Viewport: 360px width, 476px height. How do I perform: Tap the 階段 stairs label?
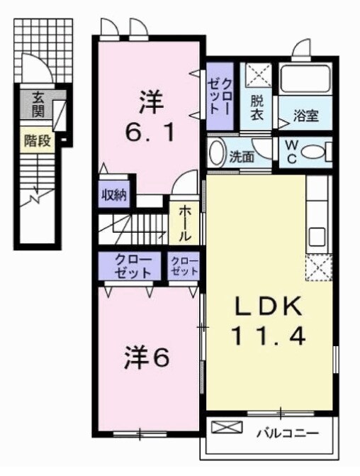[38, 140]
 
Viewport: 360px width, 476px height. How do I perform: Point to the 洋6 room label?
[147, 358]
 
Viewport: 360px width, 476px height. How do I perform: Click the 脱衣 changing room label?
[257, 110]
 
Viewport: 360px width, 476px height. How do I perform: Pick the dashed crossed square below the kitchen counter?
[317, 268]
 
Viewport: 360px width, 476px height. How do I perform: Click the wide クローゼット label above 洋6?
[132, 267]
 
